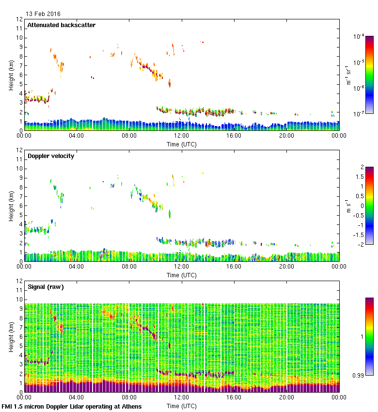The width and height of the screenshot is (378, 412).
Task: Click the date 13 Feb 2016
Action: coord(43,14)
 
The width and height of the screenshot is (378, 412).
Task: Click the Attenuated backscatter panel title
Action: coord(62,25)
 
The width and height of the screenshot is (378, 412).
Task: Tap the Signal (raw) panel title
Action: coord(46,287)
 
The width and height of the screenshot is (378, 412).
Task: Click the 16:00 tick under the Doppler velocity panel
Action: coord(234,267)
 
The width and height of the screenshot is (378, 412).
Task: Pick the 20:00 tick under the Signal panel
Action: coord(286,397)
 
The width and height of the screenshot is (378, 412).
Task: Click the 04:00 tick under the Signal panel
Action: coord(77,397)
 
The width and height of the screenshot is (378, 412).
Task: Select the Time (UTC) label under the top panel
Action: coord(182,144)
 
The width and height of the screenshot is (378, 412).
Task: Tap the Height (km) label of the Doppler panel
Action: coord(11,206)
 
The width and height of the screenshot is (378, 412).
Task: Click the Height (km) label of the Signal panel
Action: coord(11,336)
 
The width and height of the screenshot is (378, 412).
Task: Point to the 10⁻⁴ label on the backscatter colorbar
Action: coord(359,37)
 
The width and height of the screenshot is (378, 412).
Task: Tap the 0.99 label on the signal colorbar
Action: coord(359,375)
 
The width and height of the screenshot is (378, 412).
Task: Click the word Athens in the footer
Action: coord(131,406)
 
